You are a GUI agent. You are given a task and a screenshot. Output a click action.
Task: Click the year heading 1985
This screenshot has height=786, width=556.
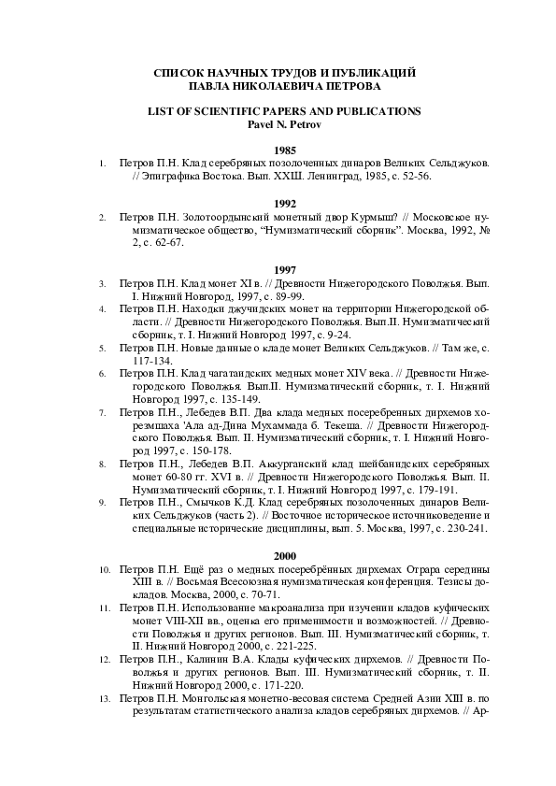[284, 150]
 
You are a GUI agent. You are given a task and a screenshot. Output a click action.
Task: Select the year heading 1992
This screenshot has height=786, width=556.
[284, 203]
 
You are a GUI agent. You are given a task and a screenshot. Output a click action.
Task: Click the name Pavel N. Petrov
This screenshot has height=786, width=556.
[284, 122]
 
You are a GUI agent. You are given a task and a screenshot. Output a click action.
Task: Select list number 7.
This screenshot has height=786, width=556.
[101, 411]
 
